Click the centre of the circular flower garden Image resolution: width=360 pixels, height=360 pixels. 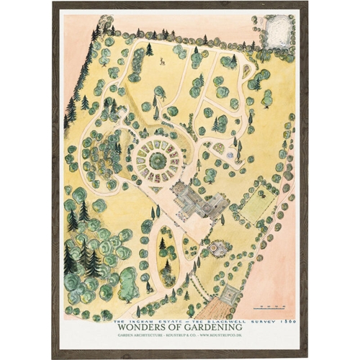point(154,156)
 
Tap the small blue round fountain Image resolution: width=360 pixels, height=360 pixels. point(230,155)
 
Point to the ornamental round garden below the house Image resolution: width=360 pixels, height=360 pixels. point(216,249)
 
